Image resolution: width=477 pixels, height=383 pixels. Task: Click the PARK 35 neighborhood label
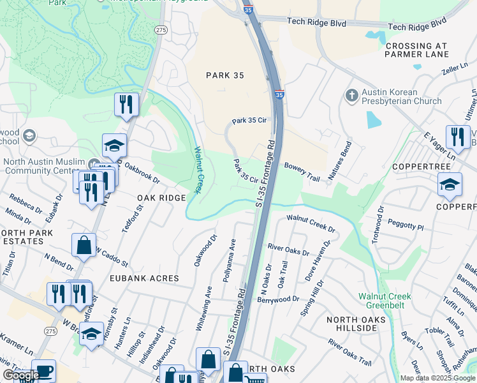(x=225, y=75)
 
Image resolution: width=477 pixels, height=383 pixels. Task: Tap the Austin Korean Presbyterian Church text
(x=401, y=96)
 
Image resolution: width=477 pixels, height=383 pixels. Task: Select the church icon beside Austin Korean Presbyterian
(x=351, y=96)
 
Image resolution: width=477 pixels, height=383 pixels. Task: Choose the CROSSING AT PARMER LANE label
(x=426, y=50)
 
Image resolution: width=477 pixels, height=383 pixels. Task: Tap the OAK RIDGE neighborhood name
(x=161, y=199)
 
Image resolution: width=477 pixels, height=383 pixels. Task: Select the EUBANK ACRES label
(x=145, y=278)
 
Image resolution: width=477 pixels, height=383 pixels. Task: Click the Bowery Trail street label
(x=301, y=171)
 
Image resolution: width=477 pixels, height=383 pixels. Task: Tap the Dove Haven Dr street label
(x=319, y=258)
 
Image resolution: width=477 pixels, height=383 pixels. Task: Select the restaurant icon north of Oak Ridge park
(x=126, y=105)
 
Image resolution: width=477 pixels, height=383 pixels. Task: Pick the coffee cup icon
(x=43, y=371)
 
